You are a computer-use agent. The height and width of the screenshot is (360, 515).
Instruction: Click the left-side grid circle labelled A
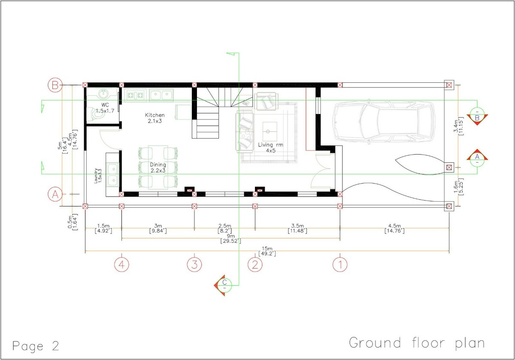[x=55, y=194]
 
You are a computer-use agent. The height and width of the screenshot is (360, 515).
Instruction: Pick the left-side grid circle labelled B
[x=55, y=85]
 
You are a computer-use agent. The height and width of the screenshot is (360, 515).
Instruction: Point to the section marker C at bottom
[x=224, y=283]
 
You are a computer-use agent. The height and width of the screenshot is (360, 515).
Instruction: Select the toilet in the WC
[x=93, y=114]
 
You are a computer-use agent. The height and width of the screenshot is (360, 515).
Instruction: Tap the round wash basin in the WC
[x=103, y=94]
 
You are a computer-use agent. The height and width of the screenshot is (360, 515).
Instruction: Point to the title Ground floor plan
[x=417, y=343]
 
